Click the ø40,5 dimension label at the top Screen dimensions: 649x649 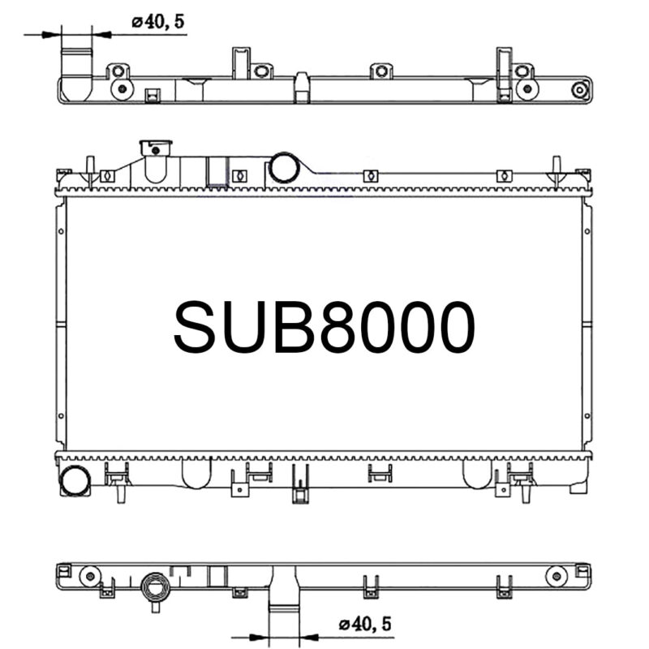(159, 22)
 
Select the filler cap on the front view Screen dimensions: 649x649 (156, 148)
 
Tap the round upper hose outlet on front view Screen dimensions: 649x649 (285, 167)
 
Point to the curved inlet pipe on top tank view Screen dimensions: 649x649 (76, 73)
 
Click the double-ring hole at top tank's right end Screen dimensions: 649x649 (579, 90)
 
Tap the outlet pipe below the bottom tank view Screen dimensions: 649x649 (283, 604)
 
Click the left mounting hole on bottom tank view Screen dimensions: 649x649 (89, 576)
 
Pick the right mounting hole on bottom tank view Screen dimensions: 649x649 (555, 576)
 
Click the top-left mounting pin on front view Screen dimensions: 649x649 (90, 168)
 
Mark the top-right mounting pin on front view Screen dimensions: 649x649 (557, 168)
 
